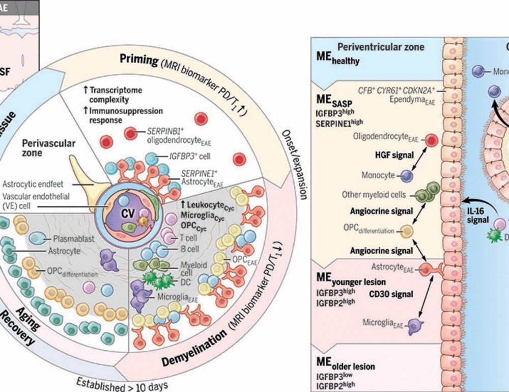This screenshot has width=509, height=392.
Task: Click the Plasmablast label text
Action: (x=69, y=238)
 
